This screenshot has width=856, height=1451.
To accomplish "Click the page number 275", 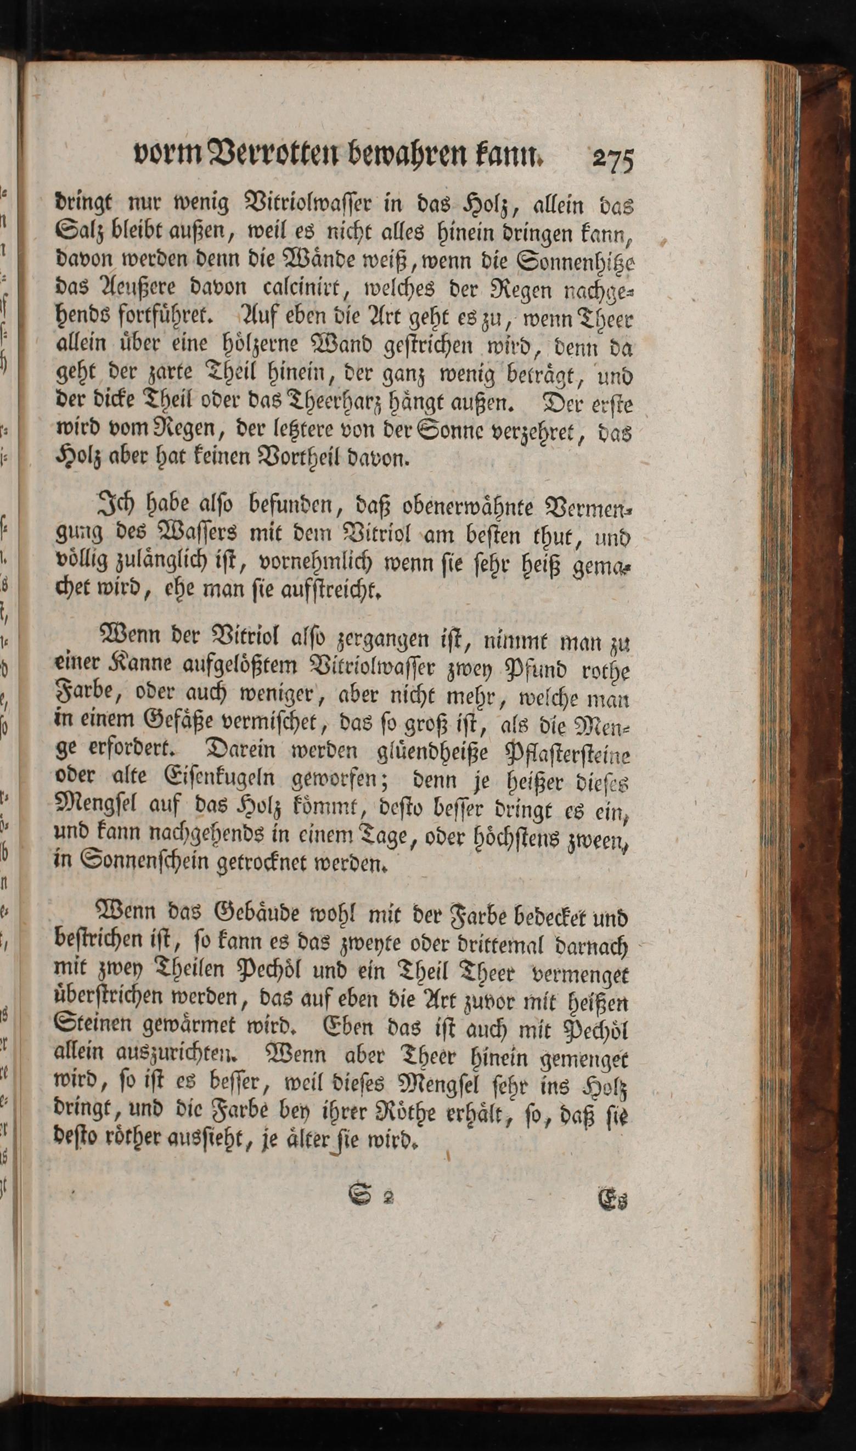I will pyautogui.click(x=613, y=159).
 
